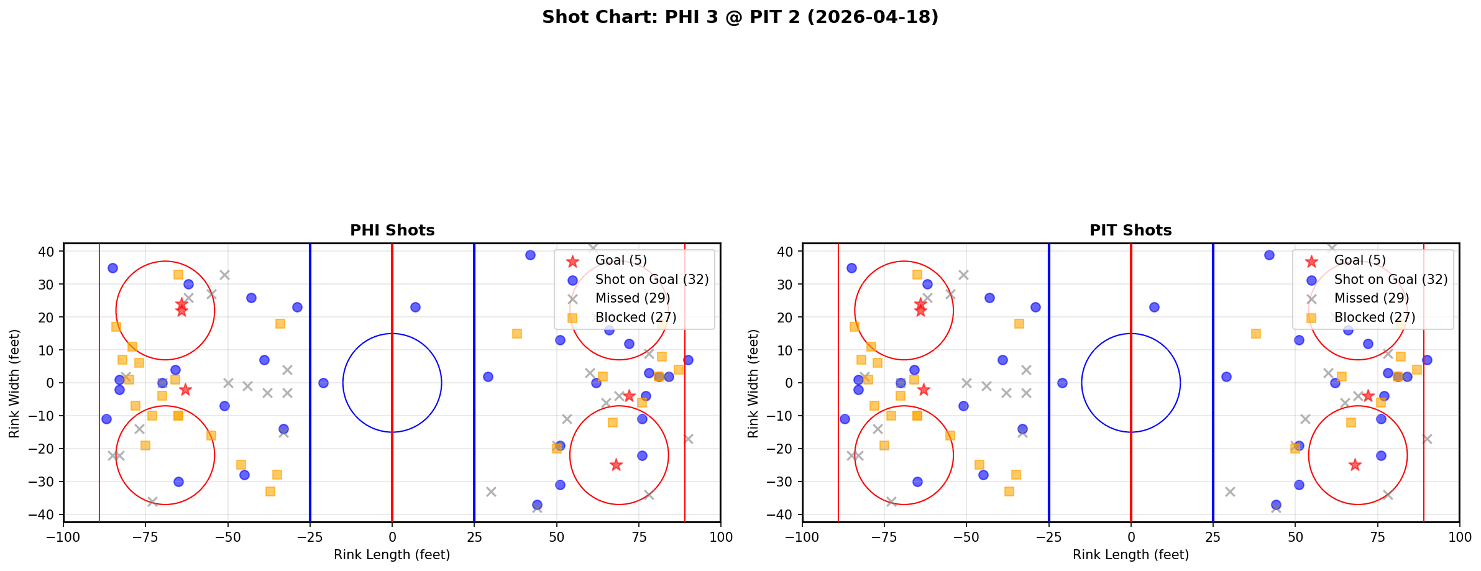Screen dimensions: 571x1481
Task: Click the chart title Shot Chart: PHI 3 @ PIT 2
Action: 740,17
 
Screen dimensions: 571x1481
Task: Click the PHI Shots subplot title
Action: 392,231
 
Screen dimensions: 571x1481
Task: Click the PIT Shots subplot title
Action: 1130,231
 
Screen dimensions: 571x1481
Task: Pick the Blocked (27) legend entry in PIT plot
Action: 1374,317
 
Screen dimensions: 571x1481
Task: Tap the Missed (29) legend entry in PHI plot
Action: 632,298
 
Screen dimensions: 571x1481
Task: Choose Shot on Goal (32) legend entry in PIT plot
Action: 1391,280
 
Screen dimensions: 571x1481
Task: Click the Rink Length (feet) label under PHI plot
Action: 392,555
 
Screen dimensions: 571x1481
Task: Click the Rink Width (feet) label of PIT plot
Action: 753,383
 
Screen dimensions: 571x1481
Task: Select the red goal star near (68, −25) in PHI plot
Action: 616,465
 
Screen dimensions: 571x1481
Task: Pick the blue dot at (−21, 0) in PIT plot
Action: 1062,383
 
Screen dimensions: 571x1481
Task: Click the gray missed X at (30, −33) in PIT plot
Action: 1229,491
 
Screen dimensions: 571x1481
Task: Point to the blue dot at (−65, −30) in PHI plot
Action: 178,482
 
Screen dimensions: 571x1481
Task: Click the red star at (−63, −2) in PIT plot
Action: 924,390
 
